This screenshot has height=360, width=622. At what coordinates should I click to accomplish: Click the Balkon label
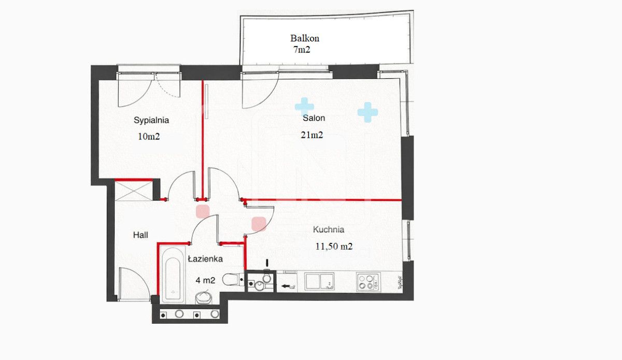pyautogui.click(x=305, y=38)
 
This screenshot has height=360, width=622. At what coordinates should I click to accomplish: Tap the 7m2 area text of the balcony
pyautogui.click(x=302, y=49)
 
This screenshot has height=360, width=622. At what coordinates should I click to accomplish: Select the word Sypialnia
pyautogui.click(x=151, y=120)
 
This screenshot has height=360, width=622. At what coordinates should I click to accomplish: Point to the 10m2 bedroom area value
pyautogui.click(x=149, y=136)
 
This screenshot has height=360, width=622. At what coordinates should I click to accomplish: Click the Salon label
pyautogui.click(x=314, y=118)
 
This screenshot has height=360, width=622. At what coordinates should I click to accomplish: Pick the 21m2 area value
pyautogui.click(x=312, y=135)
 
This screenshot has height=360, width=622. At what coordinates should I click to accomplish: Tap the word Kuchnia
pyautogui.click(x=329, y=229)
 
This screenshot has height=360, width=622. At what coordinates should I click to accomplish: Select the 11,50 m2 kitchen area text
pyautogui.click(x=334, y=246)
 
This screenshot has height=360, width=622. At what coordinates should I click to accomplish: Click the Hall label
pyautogui.click(x=140, y=235)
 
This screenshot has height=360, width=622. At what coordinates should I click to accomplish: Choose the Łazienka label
pyautogui.click(x=205, y=259)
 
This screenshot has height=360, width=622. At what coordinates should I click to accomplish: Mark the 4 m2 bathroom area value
pyautogui.click(x=205, y=280)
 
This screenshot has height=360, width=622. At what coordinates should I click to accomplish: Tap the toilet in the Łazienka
pyautogui.click(x=233, y=279)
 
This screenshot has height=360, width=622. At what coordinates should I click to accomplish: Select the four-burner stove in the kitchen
pyautogui.click(x=368, y=282)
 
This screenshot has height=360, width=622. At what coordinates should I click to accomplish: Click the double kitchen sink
pyautogui.click(x=319, y=281)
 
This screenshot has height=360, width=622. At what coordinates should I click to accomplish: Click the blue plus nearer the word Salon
pyautogui.click(x=304, y=106)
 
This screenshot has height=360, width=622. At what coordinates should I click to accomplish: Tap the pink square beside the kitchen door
pyautogui.click(x=259, y=224)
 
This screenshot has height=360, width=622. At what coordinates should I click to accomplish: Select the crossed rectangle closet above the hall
pyautogui.click(x=134, y=191)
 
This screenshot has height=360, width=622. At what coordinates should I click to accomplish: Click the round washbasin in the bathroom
pyautogui.click(x=204, y=297)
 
